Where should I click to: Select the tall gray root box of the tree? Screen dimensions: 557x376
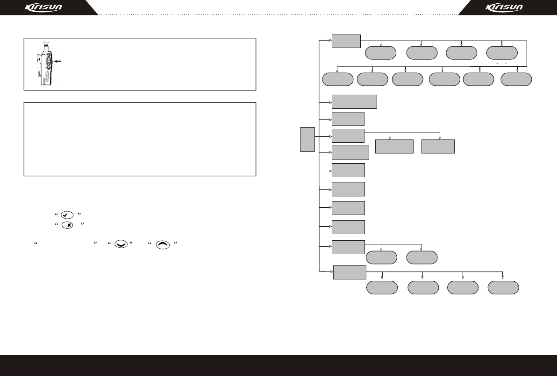click(307, 139)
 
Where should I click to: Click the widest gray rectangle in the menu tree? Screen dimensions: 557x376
click(354, 102)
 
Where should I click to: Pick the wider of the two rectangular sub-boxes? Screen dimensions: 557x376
click(394, 146)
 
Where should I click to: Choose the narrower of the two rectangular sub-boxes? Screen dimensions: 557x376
click(438, 146)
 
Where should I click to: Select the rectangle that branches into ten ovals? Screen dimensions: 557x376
click(346, 41)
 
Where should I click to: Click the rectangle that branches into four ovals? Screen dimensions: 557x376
click(349, 272)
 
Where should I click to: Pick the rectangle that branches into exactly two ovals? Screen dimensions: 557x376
click(348, 247)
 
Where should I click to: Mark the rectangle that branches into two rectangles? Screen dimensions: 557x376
click(348, 136)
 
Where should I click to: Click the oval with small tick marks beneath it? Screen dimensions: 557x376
click(502, 53)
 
